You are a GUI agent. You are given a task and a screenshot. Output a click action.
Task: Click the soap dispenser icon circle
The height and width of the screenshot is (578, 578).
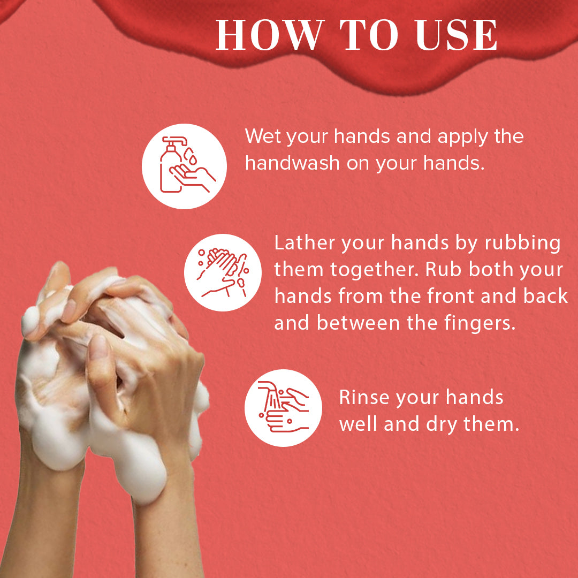184,166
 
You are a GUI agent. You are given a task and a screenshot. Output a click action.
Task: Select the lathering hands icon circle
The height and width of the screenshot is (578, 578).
223,272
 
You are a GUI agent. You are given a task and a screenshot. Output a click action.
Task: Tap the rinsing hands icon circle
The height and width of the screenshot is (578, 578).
284,408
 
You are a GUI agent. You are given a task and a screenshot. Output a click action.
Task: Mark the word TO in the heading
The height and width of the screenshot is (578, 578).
362,36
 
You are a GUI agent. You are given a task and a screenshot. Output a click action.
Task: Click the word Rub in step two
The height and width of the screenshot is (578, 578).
442,270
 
